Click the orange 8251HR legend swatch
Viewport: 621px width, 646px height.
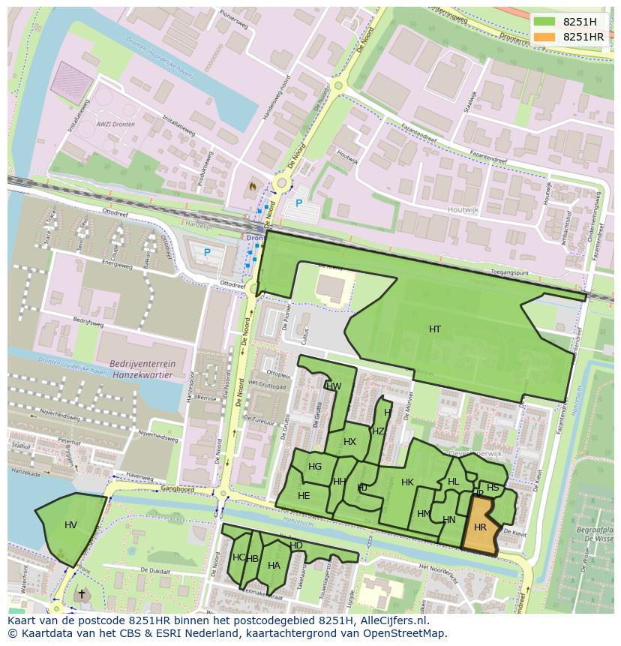546,37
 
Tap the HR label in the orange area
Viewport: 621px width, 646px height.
480,527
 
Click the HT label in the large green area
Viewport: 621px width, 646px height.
435,329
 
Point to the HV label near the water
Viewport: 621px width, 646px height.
70,524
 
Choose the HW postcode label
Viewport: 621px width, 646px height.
334,386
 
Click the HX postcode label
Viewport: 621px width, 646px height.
349,441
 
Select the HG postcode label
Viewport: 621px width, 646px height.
315,467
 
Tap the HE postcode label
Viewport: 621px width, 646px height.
304,496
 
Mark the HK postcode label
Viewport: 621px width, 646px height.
407,482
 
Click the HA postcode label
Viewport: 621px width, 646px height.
274,566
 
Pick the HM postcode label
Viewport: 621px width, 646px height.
424,513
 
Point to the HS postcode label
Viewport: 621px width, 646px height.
493,488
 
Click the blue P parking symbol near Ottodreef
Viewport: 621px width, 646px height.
207,253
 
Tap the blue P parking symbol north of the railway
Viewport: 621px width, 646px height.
298,203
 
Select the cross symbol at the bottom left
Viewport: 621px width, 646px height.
82,594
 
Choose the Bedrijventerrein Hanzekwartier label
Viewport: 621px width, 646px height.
142,368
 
